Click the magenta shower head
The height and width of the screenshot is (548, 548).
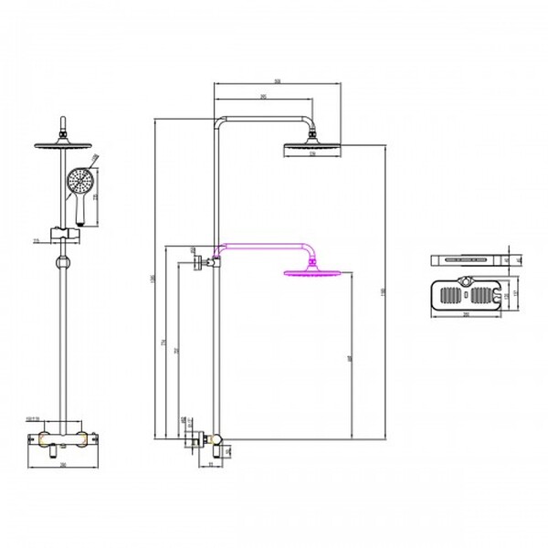click(314, 271)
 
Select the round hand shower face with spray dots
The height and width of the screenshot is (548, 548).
click(79, 182)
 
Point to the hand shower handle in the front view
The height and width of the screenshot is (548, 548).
click(81, 211)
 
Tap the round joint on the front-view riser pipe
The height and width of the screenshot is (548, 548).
click(63, 266)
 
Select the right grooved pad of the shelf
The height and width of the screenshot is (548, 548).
click(483, 296)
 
